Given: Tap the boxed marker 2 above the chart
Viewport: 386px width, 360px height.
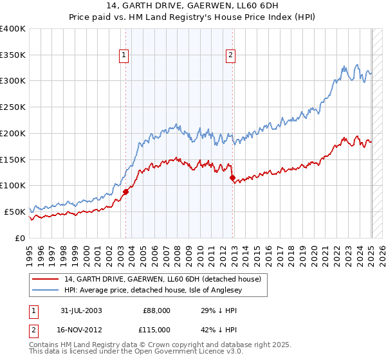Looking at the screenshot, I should (x=230, y=56).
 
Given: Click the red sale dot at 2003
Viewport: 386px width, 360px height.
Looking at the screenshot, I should (x=126, y=191).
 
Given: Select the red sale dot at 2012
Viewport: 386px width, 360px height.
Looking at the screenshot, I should (x=233, y=177).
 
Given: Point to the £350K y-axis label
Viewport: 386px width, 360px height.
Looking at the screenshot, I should (x=13, y=55).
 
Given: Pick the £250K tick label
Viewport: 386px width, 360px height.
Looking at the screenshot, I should (x=13, y=107).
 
